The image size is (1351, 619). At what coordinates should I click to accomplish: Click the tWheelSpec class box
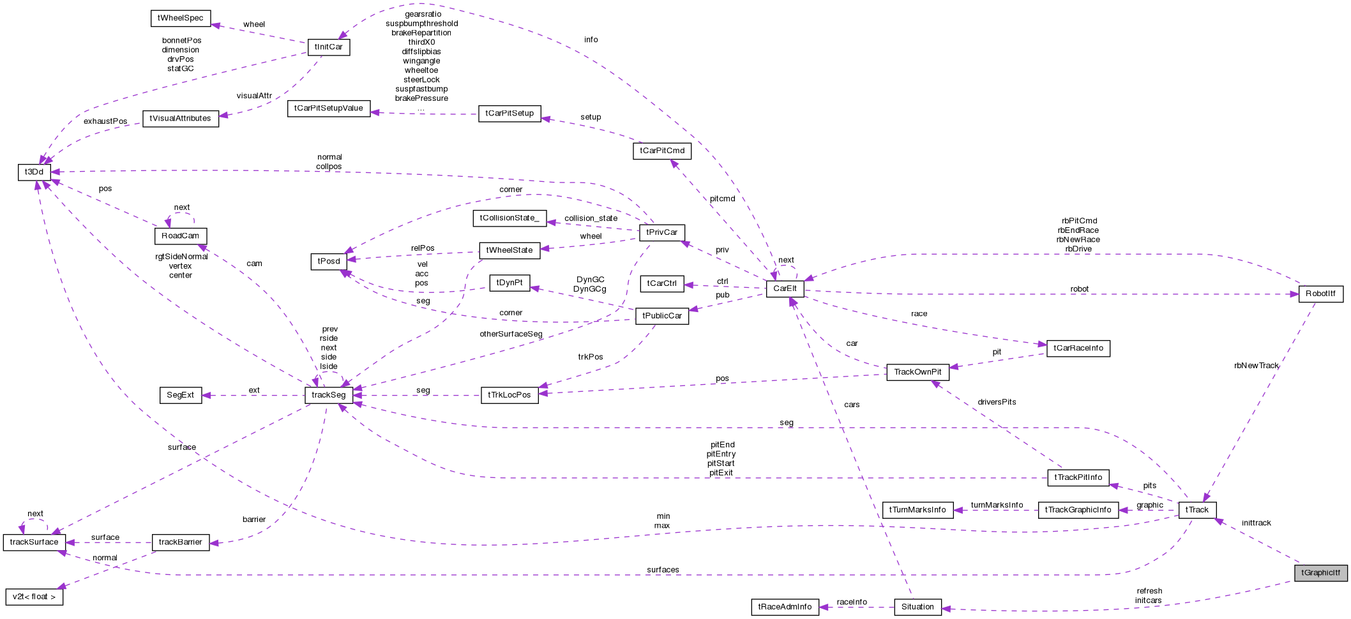click(181, 18)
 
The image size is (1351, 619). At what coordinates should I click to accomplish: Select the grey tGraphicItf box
click(1320, 572)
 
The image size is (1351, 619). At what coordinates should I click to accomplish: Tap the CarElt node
click(785, 288)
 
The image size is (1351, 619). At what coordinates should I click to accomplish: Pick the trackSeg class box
click(328, 395)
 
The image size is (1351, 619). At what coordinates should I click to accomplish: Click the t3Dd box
click(34, 172)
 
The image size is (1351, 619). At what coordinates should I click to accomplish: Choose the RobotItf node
click(1320, 294)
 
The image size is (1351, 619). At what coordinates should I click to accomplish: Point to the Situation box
click(917, 607)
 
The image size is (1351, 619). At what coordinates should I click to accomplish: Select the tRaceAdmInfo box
click(785, 607)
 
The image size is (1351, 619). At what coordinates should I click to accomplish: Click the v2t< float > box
click(34, 597)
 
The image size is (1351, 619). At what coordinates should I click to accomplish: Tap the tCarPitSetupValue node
click(328, 108)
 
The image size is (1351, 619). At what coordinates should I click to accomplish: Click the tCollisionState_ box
click(509, 218)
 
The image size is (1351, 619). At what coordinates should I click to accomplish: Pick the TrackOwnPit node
click(917, 372)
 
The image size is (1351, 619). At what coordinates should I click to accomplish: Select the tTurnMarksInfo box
click(917, 510)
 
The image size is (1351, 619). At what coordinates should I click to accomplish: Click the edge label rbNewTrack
click(1256, 366)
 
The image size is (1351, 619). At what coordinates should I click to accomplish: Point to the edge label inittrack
click(1256, 523)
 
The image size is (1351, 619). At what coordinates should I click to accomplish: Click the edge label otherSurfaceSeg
click(511, 334)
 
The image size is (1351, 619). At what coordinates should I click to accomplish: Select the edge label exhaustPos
click(105, 121)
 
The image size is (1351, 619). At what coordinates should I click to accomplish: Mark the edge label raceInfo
click(852, 602)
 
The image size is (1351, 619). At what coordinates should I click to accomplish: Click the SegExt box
click(180, 395)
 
